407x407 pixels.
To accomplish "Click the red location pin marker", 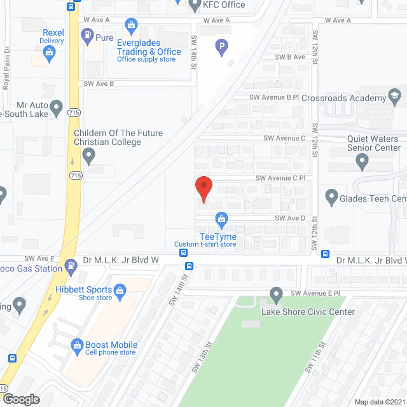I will pyautogui.click(x=203, y=188).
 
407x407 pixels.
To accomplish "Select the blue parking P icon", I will pyautogui.click(x=221, y=45).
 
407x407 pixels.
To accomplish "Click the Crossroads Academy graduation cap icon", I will pyautogui.click(x=395, y=98).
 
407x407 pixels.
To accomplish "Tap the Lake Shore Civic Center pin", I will pyautogui.click(x=276, y=295).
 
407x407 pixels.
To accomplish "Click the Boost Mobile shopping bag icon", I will pyautogui.click(x=77, y=345).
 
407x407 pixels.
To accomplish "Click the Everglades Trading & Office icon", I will pyautogui.click(x=132, y=27).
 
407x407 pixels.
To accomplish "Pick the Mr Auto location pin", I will pyautogui.click(x=56, y=106).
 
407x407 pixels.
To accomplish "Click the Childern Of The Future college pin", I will pyautogui.click(x=89, y=155).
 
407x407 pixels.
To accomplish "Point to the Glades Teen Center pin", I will pyautogui.click(x=331, y=198).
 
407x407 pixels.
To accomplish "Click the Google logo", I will pyautogui.click(x=20, y=399).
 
